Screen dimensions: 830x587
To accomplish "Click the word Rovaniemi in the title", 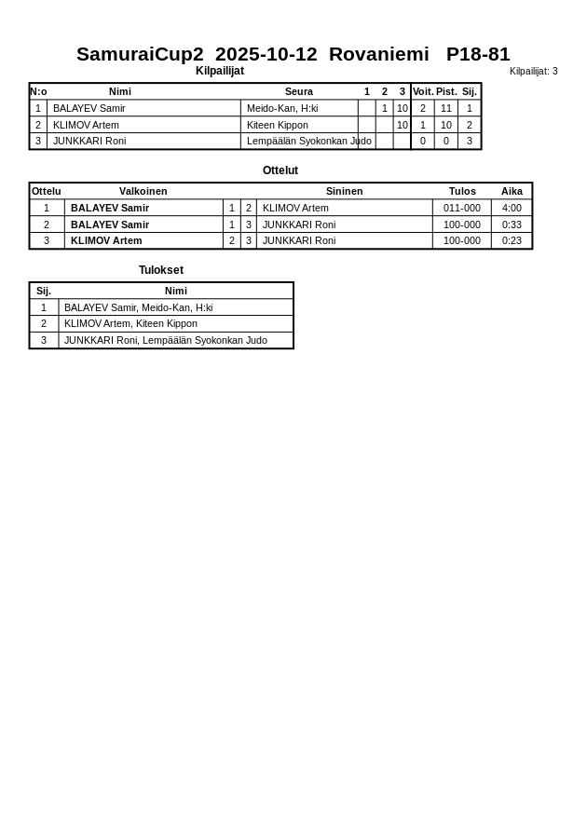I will tap(378, 54).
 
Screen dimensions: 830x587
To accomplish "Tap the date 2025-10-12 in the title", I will tap(266, 54).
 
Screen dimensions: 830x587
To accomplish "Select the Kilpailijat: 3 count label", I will tap(533, 72).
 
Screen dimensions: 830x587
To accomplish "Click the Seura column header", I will tap(298, 91).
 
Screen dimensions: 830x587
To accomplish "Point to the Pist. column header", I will tap(446, 91).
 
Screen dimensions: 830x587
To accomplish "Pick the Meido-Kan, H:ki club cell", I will tap(282, 108).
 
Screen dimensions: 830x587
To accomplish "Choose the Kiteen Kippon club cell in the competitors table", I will tap(277, 125).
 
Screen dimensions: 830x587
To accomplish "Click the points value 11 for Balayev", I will tap(446, 108).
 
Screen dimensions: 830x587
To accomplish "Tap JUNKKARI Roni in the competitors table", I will tap(89, 142).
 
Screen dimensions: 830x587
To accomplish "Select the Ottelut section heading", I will tap(280, 170).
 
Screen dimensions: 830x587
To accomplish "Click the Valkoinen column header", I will tap(143, 191).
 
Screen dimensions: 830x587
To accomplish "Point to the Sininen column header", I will tap(344, 191).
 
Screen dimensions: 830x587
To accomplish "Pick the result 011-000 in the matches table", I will tap(462, 208).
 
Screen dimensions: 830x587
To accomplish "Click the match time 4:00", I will tap(512, 208).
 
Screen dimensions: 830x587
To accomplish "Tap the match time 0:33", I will tap(512, 225).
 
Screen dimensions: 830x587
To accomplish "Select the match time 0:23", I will tap(512, 240).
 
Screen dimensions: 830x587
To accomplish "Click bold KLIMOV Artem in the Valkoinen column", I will tap(106, 240).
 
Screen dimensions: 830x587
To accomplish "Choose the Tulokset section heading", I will tap(161, 270).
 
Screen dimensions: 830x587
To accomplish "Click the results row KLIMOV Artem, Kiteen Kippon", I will tap(130, 323).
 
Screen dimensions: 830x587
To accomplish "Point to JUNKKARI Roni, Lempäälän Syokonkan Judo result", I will tap(165, 340).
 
